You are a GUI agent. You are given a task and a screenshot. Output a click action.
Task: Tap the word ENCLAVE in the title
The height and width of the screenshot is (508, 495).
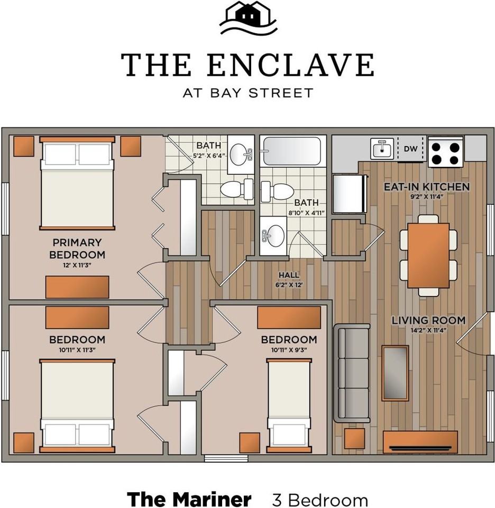pyautogui.click(x=290, y=65)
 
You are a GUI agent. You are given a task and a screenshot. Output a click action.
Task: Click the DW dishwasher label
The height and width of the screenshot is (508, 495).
pyautogui.click(x=410, y=149)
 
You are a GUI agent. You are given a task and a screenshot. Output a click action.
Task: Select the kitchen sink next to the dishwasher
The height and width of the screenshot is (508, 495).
pyautogui.click(x=382, y=148)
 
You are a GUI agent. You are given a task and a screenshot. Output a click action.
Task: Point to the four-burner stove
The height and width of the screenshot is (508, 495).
pyautogui.click(x=445, y=152)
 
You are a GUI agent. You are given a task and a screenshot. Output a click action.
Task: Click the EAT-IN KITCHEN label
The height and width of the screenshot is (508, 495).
pyautogui.click(x=426, y=187)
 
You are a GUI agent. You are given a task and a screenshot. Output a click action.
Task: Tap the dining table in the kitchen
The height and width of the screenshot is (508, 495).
pyautogui.click(x=428, y=255)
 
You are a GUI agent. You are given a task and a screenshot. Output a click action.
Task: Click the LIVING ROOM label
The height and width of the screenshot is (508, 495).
pyautogui.click(x=428, y=320)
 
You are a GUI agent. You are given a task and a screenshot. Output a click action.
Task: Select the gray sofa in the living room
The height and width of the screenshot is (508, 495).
pyautogui.click(x=354, y=374)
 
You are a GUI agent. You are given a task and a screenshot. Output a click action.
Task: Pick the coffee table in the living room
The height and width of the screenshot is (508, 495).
pyautogui.click(x=395, y=373)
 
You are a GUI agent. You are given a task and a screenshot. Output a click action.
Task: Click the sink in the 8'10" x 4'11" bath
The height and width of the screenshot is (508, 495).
pyautogui.click(x=274, y=234)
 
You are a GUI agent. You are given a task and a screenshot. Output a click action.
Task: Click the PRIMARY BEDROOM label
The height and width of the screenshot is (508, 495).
pyautogui.click(x=77, y=248)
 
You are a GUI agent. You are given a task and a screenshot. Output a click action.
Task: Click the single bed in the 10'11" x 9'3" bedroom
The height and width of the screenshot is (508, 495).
pyautogui.click(x=289, y=405)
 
